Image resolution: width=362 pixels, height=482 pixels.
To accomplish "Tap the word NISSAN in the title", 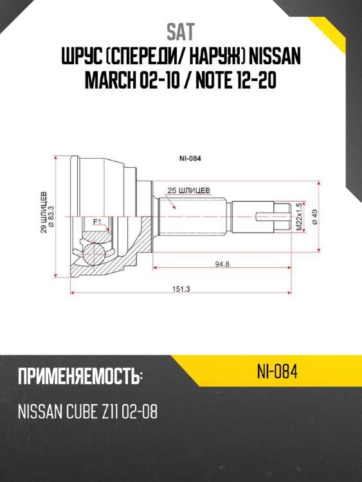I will [272, 59].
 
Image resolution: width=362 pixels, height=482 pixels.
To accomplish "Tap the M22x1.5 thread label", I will [299, 217].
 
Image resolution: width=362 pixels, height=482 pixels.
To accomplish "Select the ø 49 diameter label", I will [314, 217].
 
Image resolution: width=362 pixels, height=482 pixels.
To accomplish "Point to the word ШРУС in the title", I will [82, 59].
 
